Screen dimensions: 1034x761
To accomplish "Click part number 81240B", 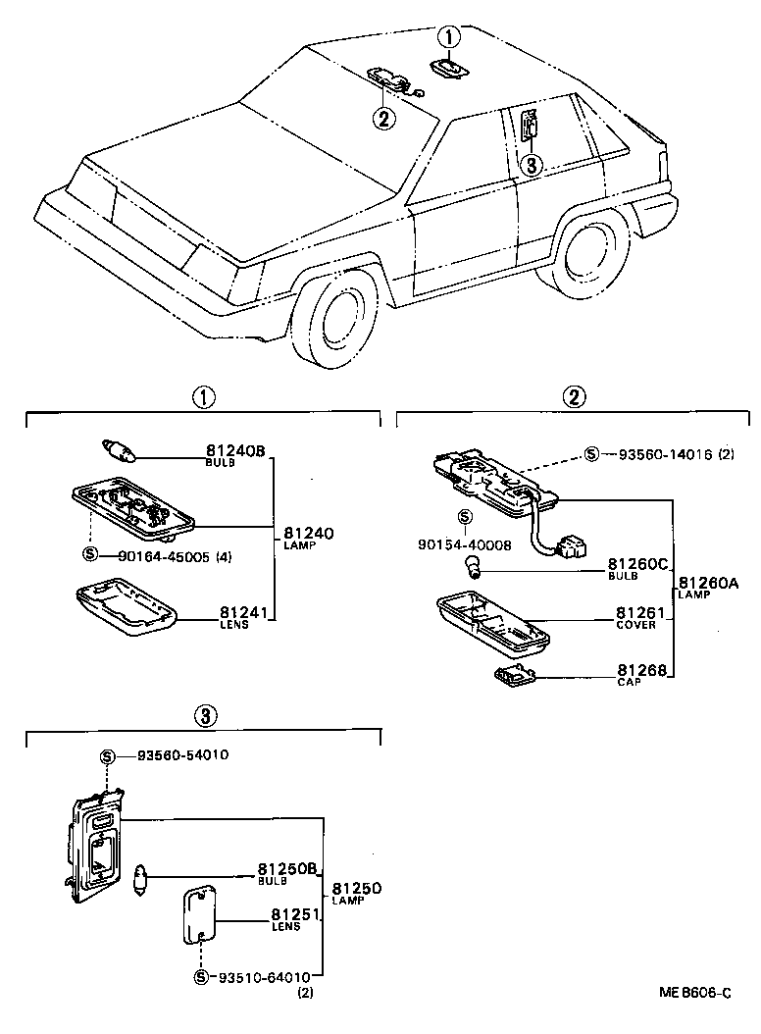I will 235,452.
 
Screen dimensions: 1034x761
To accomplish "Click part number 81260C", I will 637,564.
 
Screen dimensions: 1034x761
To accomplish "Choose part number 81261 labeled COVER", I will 641,615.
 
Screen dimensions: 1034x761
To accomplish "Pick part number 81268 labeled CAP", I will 641,671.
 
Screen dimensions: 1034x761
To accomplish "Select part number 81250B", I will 287,869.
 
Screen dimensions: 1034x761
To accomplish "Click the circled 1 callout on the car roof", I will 448,38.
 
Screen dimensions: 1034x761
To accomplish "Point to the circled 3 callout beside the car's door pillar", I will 531,164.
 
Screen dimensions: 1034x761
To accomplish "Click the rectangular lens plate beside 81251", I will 199,914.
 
